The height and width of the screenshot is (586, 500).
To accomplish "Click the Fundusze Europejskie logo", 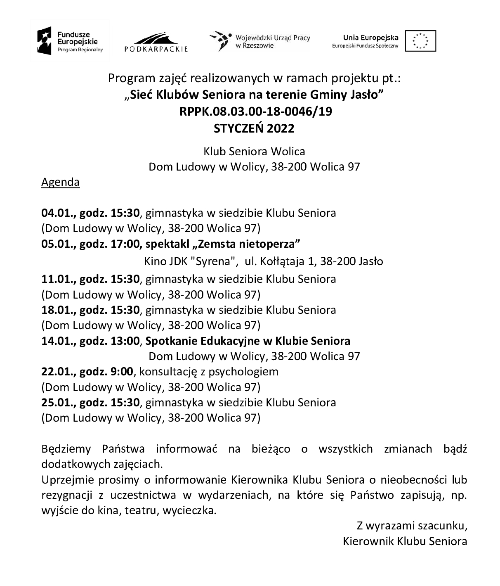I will pyautogui.click(x=70, y=42).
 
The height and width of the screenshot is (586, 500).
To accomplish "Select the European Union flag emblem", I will pyautogui.click(x=420, y=41).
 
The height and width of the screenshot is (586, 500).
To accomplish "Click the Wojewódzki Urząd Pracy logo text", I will pyautogui.click(x=272, y=41).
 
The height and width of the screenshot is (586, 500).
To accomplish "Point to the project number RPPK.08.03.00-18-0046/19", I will pyautogui.click(x=255, y=112).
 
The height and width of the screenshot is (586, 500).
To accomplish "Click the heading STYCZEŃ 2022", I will pyautogui.click(x=254, y=128).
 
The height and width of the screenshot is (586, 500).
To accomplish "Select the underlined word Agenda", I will pyautogui.click(x=60, y=182).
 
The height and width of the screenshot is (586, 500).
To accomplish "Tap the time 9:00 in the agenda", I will pyautogui.click(x=122, y=372).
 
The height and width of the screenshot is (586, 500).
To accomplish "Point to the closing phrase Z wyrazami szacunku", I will pyautogui.click(x=411, y=526).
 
